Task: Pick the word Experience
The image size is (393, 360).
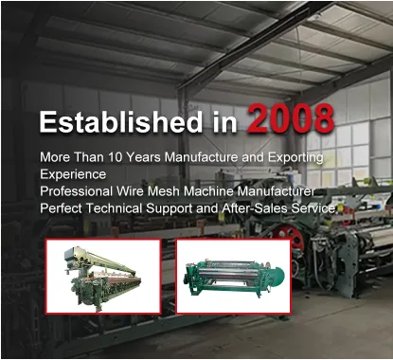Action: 74,174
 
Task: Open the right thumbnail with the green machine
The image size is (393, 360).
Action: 232,276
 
